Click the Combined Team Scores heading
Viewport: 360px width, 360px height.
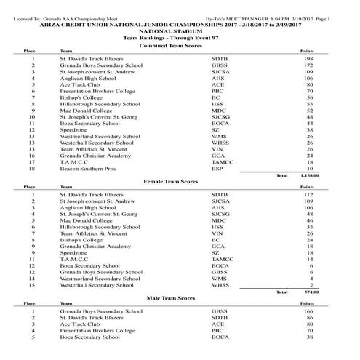[179, 46]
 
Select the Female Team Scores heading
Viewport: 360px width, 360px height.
[179, 181]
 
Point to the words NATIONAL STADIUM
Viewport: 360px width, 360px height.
[180, 31]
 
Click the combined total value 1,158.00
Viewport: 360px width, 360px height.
[309, 175]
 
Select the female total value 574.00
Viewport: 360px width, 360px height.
[311, 292]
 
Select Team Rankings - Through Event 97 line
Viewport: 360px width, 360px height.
[180, 37]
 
